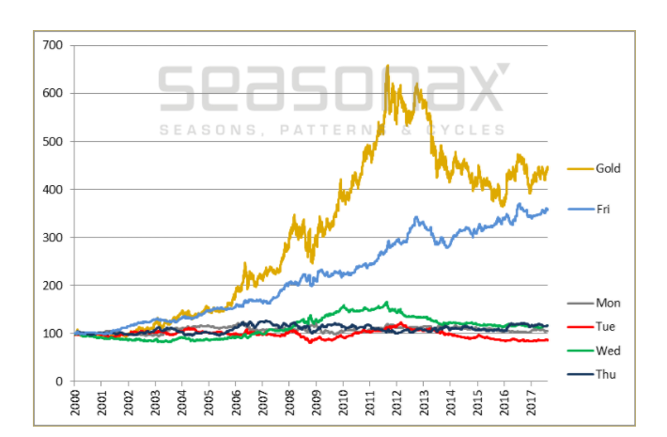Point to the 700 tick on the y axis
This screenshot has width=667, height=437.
(52, 45)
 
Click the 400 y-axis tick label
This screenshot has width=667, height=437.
(52, 189)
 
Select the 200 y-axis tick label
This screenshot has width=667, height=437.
(52, 286)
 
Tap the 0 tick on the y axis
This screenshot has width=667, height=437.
(58, 382)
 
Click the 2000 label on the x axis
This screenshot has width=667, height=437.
(75, 402)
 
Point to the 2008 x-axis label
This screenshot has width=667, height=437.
(289, 402)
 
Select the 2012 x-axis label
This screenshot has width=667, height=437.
(396, 402)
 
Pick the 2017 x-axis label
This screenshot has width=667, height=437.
(531, 402)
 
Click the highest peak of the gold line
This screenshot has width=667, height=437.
(387, 66)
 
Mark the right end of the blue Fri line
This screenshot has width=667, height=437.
(548, 209)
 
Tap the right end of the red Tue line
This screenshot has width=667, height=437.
(548, 339)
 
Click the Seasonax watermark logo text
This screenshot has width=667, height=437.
(333, 87)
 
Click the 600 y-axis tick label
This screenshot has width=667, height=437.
(52, 93)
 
